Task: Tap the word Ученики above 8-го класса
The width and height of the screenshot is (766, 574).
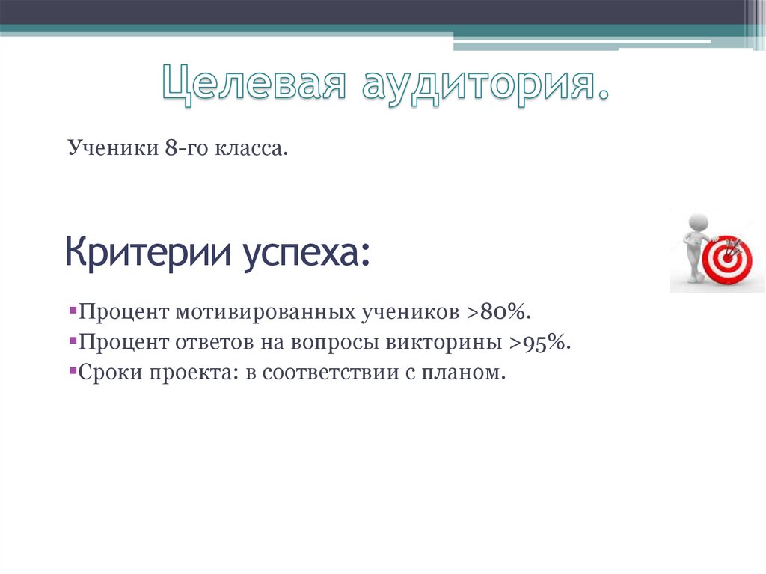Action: coord(109,149)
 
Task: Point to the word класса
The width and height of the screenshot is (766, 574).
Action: coord(252,149)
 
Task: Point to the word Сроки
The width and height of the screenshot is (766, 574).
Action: coord(104,372)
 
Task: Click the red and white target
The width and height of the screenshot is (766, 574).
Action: coord(726,260)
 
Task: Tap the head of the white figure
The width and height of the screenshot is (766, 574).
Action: coord(697,222)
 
